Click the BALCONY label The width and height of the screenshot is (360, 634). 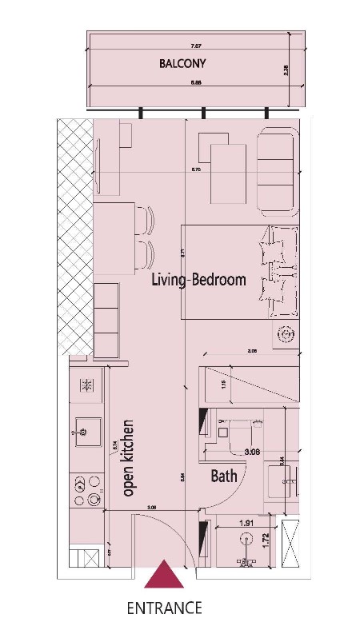184,62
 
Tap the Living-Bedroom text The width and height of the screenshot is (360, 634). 199,281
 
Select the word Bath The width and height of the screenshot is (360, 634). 224,476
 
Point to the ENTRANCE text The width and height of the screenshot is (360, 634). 164,608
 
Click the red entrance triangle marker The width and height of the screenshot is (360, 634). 166,575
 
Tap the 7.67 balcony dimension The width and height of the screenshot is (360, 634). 195,47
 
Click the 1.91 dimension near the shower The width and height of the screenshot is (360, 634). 248,524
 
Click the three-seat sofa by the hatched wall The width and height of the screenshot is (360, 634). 107,317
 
